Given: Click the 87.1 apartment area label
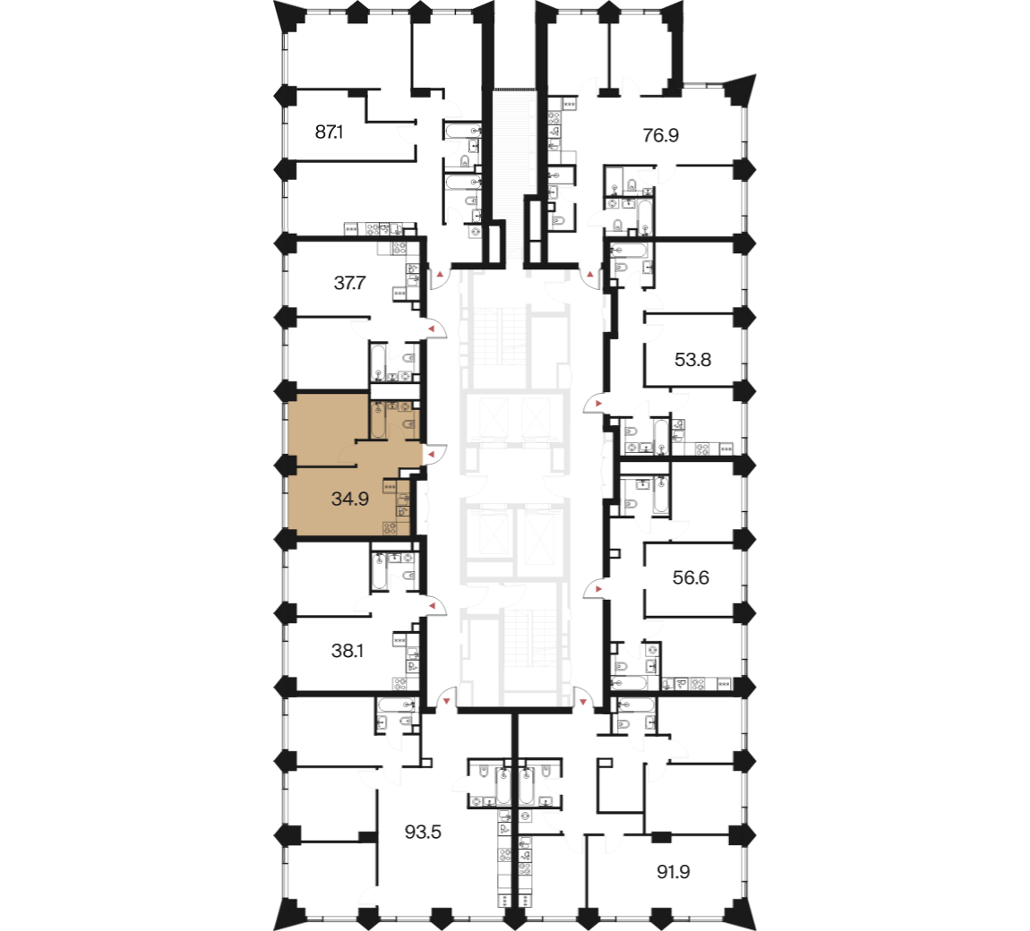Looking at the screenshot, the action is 329,132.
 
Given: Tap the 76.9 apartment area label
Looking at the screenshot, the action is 660,135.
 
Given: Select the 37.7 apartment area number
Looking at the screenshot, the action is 349,283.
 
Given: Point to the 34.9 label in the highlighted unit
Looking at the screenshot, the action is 350,499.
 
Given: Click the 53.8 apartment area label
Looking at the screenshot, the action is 693,360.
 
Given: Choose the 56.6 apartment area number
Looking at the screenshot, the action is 691,577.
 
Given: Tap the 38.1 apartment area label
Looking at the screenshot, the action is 348,651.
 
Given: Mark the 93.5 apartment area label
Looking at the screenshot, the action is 423,833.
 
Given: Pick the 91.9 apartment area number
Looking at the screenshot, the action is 674,872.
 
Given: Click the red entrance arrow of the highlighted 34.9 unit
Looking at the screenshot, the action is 433,454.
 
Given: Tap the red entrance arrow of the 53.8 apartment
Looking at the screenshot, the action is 597,403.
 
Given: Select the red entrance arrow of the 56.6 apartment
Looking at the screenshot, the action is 597,590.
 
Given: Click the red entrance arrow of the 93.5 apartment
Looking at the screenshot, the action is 447,702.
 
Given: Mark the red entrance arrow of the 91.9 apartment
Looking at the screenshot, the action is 583,702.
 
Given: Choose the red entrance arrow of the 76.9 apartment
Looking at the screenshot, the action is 590,272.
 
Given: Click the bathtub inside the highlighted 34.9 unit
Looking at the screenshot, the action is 378,419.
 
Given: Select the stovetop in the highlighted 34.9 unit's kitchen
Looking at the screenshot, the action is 390,526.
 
